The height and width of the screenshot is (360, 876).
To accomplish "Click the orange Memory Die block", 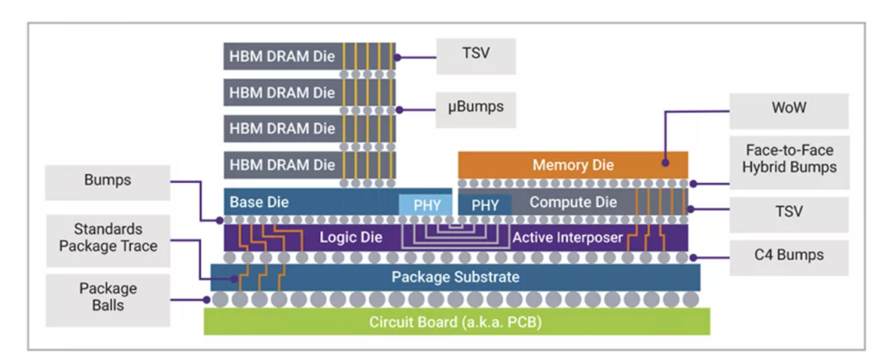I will (572, 164).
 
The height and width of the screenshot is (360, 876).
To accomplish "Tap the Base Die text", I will (260, 203).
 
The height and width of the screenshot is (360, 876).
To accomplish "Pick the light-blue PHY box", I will (425, 205).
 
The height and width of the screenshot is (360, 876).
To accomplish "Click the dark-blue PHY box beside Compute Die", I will (485, 205).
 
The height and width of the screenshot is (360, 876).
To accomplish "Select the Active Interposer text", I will (567, 237).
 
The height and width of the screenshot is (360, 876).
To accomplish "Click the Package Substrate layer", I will (455, 277).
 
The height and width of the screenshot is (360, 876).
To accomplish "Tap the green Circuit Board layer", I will (455, 322).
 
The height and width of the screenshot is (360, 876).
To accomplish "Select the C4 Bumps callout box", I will (788, 257).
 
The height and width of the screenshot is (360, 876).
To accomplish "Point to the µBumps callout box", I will (476, 108).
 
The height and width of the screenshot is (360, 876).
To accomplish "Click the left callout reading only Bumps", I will (106, 181).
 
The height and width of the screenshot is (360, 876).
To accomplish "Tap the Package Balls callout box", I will (108, 297).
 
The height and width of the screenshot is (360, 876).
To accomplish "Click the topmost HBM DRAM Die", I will (283, 56).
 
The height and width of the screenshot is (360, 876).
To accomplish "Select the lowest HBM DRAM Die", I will (283, 164).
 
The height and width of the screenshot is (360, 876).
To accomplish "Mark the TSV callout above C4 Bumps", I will (788, 210).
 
